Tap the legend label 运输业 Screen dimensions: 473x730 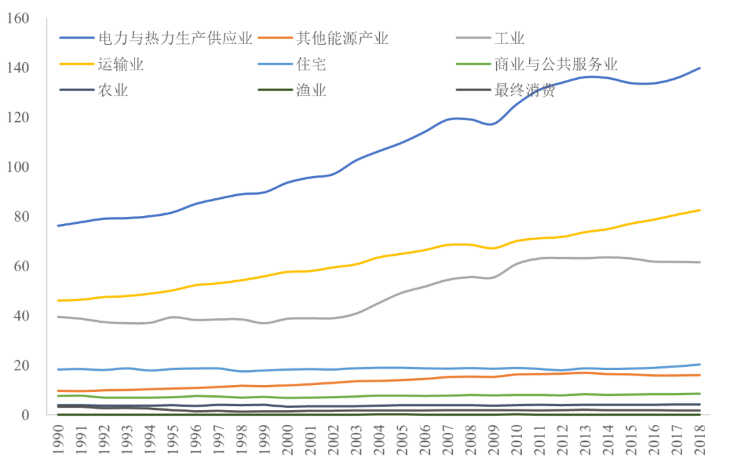click(121, 65)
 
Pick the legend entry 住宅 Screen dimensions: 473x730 click(312, 65)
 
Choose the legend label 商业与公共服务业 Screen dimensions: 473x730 click(556, 65)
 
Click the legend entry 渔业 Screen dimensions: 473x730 click(312, 91)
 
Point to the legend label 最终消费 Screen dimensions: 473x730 click(525, 91)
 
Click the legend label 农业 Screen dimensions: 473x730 click(113, 91)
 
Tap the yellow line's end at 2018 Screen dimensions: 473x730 click(700, 210)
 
